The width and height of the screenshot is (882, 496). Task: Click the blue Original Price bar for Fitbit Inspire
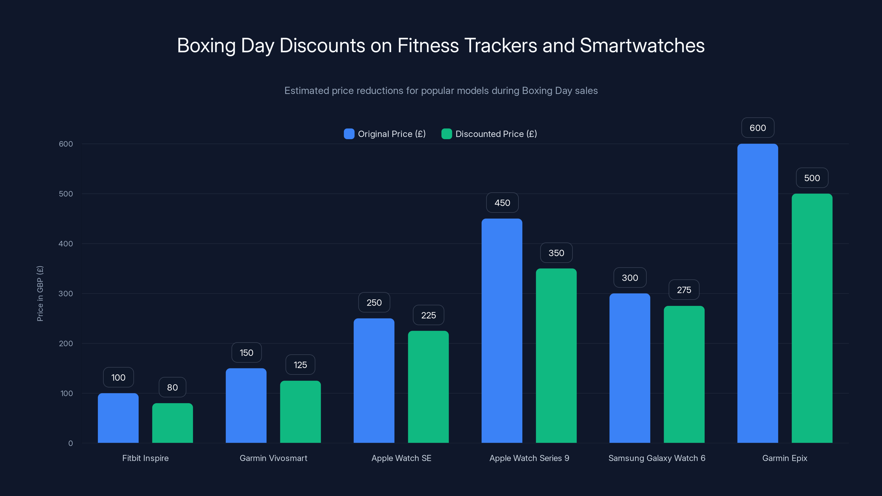(118, 418)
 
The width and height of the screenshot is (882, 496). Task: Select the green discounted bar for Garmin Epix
(812, 318)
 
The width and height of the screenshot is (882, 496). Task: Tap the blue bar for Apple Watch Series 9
(502, 331)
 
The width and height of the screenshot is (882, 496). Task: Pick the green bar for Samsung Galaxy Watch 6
(684, 374)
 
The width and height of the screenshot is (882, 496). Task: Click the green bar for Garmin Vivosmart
(300, 412)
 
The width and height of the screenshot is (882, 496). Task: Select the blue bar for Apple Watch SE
(374, 381)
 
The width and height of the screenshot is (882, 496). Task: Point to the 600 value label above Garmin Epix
(758, 128)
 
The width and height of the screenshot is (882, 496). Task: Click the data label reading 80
(172, 387)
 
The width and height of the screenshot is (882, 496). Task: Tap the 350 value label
(556, 253)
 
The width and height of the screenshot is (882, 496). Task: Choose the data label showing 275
(684, 290)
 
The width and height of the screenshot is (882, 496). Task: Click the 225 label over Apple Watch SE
(428, 315)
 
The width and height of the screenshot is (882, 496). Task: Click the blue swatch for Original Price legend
(349, 134)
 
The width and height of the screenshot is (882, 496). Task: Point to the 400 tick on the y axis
(66, 244)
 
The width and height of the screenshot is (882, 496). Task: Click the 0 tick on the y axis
(71, 443)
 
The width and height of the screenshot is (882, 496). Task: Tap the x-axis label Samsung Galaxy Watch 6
(657, 458)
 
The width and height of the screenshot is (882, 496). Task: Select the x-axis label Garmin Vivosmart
(273, 458)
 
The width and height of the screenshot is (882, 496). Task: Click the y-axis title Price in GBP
(40, 293)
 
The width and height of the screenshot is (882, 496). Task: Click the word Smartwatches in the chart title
(642, 45)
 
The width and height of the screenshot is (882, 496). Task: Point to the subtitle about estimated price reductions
(441, 91)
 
